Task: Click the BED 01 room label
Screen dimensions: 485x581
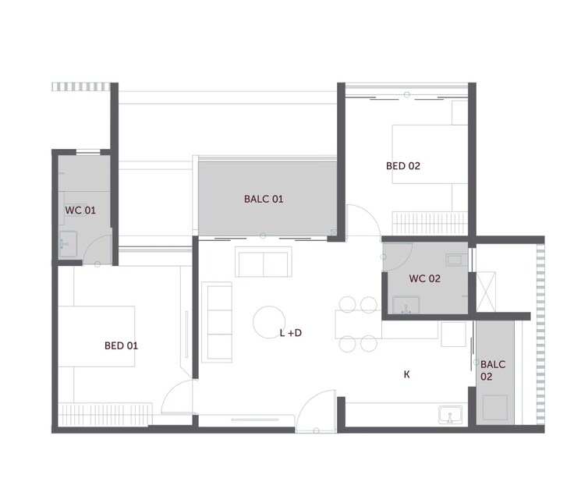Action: click(121, 345)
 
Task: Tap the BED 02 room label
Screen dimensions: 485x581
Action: click(403, 165)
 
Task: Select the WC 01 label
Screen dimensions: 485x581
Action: click(80, 211)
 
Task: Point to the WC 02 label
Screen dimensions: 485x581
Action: click(425, 278)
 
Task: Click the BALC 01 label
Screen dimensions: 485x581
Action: click(264, 199)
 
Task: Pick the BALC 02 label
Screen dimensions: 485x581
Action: click(493, 370)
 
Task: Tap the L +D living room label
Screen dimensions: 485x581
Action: click(291, 333)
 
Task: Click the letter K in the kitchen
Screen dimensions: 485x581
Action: click(406, 375)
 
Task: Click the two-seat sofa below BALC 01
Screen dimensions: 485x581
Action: click(264, 263)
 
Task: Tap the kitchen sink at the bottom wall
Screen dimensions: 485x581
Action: click(450, 414)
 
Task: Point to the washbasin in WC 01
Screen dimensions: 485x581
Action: click(67, 243)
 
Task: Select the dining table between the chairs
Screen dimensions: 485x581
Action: click(358, 324)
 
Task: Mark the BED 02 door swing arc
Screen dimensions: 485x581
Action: click(360, 218)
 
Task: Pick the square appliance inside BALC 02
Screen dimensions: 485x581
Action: click(495, 405)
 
